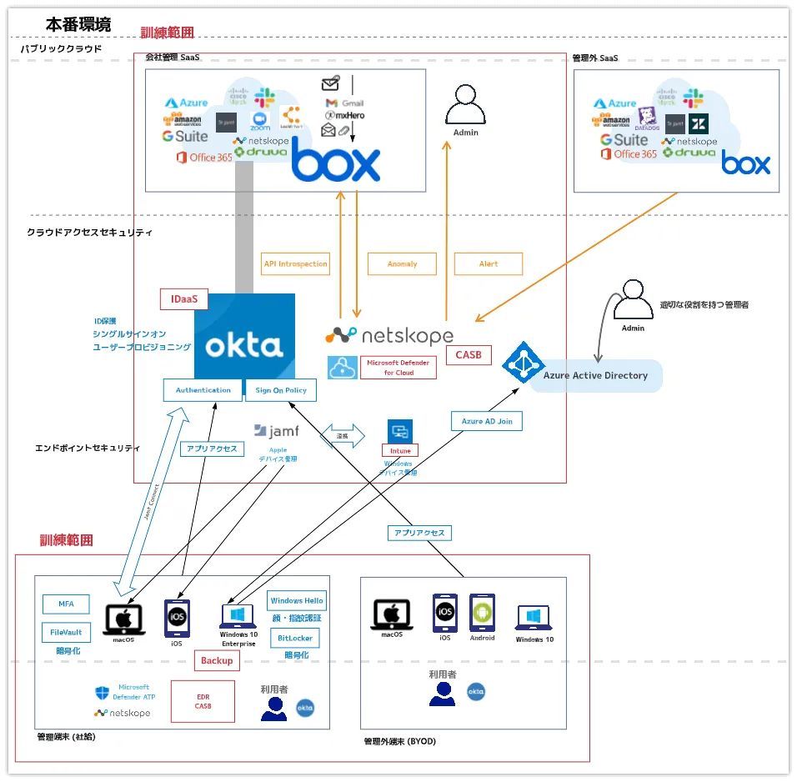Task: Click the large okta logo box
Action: coord(244,337)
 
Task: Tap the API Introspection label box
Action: coord(295,263)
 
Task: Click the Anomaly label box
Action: coord(402,263)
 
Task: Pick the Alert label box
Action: coord(489,263)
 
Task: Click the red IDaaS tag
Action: coord(183,298)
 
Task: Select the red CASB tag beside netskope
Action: coord(469,355)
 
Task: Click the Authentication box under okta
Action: coord(203,389)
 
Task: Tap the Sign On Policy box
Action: coord(281,389)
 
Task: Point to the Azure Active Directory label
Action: coord(595,375)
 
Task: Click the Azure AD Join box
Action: coord(487,421)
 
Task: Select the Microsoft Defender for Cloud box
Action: coord(398,368)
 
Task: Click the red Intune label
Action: coord(400,450)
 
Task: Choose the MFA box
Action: coord(66,604)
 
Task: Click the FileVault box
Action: coord(66,632)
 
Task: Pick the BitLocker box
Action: coord(295,638)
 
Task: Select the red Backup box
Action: coord(218,660)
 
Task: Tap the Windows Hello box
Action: coord(297,600)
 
